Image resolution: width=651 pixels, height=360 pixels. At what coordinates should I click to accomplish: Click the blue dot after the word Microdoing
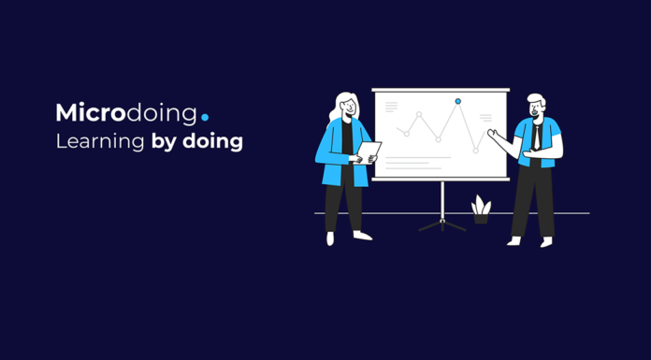(x=205, y=118)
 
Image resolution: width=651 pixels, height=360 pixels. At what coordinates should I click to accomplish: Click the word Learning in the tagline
(x=100, y=141)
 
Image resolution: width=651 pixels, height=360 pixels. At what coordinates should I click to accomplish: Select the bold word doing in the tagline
(x=212, y=141)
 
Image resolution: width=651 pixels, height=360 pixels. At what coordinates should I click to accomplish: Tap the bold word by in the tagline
(x=164, y=141)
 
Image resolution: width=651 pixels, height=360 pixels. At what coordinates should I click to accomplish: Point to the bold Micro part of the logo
(x=91, y=113)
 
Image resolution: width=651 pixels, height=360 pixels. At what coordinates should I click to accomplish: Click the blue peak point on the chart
(x=458, y=101)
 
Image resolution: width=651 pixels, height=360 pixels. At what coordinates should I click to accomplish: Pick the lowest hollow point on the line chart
(x=476, y=151)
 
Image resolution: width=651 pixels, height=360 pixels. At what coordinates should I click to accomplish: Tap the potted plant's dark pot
(x=481, y=219)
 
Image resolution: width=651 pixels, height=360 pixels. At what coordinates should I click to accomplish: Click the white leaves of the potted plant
(x=481, y=205)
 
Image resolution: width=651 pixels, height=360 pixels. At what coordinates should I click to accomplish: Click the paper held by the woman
(x=369, y=152)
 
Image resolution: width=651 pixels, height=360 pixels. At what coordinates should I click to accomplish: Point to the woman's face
(x=349, y=108)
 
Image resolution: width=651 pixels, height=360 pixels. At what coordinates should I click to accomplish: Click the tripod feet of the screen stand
(x=442, y=225)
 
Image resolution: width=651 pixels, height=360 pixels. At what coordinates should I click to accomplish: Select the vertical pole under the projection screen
(x=442, y=200)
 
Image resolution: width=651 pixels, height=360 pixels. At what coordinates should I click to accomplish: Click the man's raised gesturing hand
(x=493, y=134)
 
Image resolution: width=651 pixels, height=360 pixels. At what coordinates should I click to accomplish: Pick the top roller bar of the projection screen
(x=441, y=90)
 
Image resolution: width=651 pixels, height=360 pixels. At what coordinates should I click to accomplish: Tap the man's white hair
(x=536, y=99)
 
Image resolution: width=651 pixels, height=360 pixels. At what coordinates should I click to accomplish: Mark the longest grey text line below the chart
(x=418, y=157)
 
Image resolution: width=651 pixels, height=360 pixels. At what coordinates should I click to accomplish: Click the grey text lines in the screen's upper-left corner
(x=391, y=107)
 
